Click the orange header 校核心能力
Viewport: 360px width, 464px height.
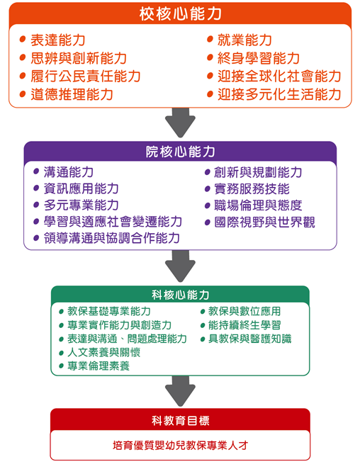[180, 13]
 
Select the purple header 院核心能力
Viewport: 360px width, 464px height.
[180, 152]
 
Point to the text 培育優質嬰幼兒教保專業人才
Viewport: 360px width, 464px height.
[180, 446]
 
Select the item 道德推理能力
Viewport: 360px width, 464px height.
[72, 94]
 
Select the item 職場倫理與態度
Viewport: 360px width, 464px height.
[258, 205]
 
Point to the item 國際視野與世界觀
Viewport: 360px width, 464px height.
[264, 222]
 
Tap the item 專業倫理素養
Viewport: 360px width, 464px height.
[99, 366]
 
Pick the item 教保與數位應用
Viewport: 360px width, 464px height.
[244, 312]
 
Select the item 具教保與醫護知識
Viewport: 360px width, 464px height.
[249, 339]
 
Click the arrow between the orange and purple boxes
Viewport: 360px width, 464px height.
[180, 122]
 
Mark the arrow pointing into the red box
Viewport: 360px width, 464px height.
[180, 392]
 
